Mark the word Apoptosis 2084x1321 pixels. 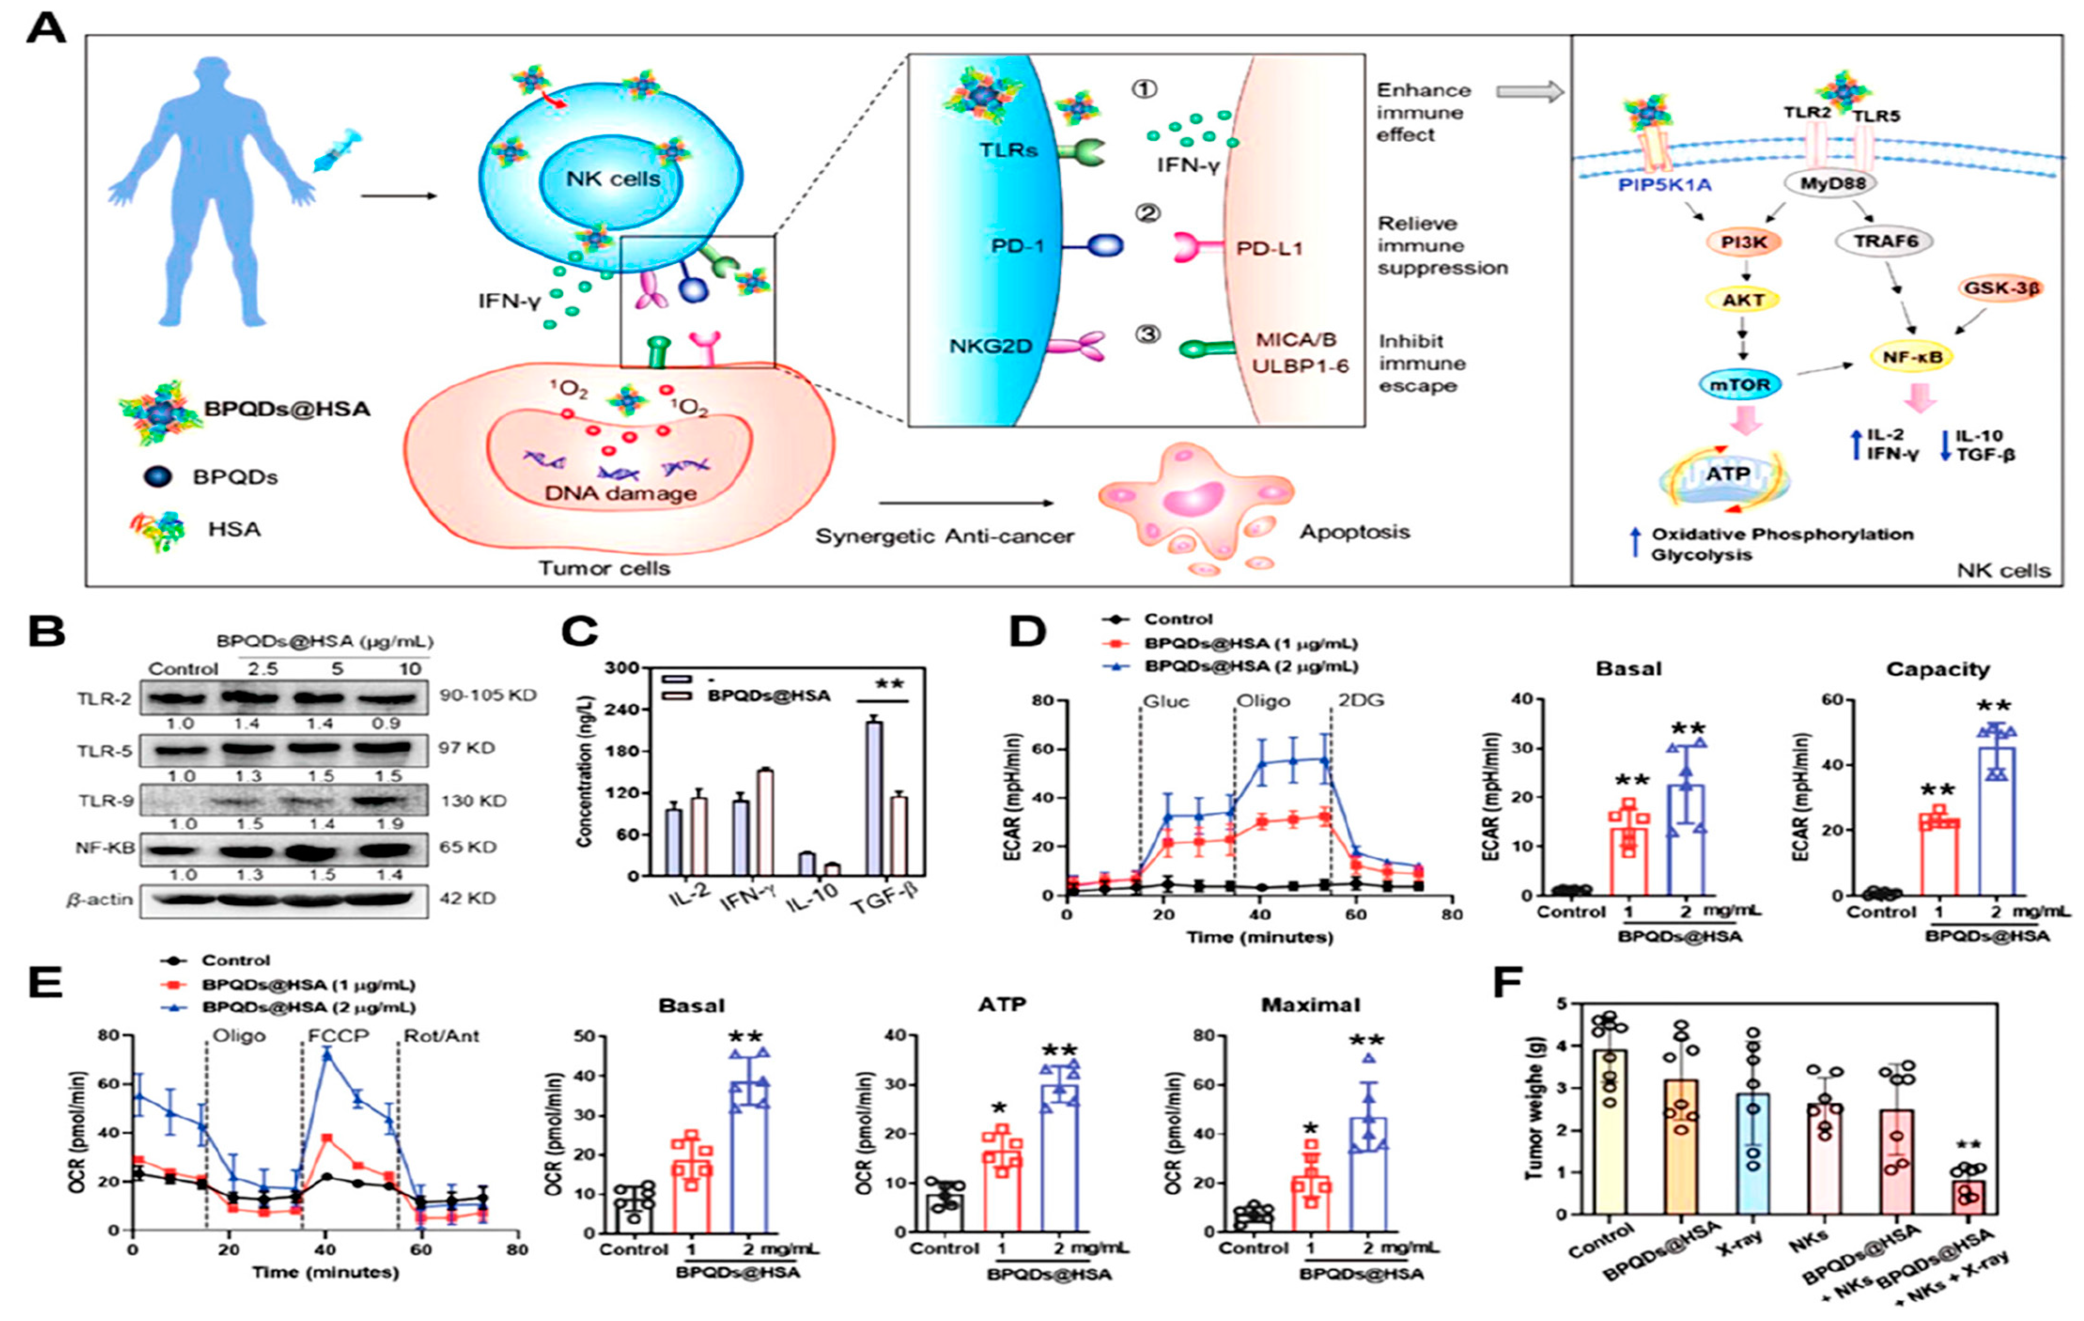point(1355,531)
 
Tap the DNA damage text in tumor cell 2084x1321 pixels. point(620,493)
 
